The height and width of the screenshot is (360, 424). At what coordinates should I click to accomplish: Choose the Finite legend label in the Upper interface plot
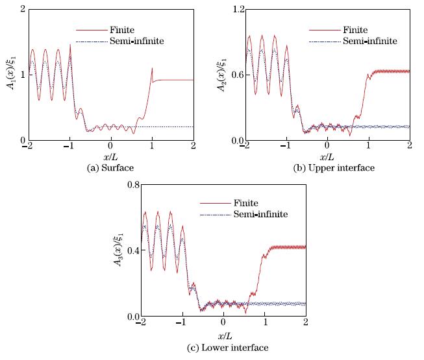coord(338,30)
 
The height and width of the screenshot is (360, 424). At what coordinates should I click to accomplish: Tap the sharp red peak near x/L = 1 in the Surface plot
coord(152,68)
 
